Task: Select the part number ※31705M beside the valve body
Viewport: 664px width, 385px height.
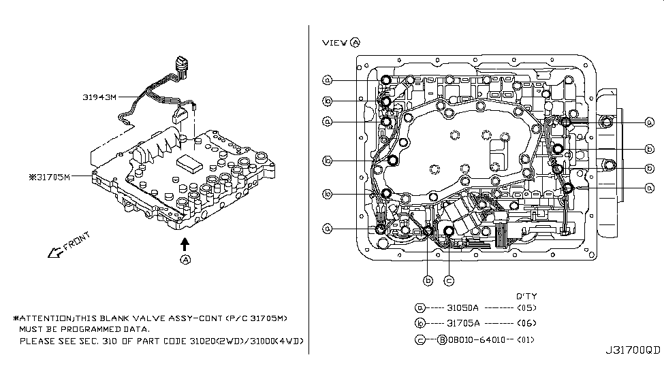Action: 49,177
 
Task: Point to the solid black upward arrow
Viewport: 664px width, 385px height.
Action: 185,242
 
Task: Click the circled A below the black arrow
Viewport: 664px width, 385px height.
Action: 185,259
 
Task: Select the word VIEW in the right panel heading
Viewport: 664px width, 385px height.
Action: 334,42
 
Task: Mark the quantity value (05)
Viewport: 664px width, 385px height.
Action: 527,307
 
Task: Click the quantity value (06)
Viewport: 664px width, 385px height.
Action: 527,324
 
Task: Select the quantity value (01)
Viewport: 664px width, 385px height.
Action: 527,340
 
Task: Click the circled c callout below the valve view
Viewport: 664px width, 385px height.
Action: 449,280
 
